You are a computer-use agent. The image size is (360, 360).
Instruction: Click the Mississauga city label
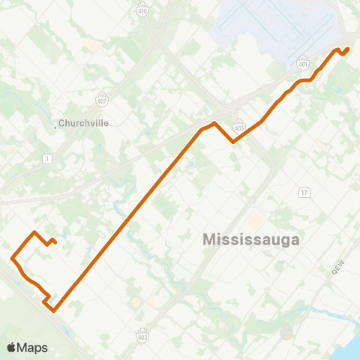[251, 240]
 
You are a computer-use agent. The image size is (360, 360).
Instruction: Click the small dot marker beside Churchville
[55, 126]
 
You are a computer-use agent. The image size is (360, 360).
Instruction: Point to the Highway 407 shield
[102, 97]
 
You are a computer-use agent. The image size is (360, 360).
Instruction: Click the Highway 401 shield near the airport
[303, 63]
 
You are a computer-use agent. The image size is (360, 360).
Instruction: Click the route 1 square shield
[47, 158]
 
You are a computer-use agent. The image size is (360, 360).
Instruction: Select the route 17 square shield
[304, 193]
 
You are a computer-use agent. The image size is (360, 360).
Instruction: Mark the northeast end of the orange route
[349, 49]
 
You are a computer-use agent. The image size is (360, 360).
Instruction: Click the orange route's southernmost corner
[53, 307]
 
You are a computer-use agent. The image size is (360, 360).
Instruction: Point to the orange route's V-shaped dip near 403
[234, 141]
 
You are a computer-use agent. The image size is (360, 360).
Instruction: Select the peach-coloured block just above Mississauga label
[254, 220]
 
